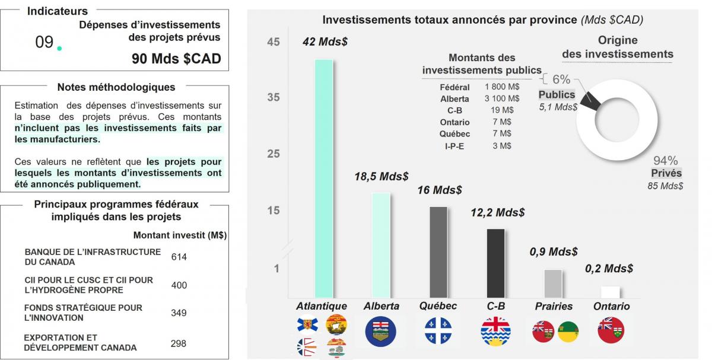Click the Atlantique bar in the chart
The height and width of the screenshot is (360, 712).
coord(323,178)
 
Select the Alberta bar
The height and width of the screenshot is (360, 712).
coord(381,245)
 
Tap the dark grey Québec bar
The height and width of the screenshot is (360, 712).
coord(438,252)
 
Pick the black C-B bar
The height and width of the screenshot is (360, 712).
coord(495,263)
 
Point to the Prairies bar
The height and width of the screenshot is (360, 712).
coord(553,283)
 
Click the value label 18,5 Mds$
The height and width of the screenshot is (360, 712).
coord(382,177)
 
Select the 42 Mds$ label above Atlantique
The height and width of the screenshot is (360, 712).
coord(325,42)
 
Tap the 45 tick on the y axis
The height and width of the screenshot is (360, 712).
coord(274,42)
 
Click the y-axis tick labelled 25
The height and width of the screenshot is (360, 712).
coord(274,154)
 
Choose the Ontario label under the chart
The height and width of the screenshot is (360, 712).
coord(611,307)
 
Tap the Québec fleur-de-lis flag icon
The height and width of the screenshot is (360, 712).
coord(438,331)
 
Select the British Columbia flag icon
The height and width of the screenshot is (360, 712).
coord(495,331)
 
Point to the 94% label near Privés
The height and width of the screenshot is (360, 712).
coord(665,161)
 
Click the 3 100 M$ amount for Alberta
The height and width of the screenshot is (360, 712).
coord(501,98)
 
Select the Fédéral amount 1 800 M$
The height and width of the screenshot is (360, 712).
coord(501,87)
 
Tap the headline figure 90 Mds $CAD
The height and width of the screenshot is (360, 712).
coord(176,59)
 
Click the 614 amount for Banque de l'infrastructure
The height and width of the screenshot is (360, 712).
coord(179,257)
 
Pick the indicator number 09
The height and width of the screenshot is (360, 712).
coord(44,42)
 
